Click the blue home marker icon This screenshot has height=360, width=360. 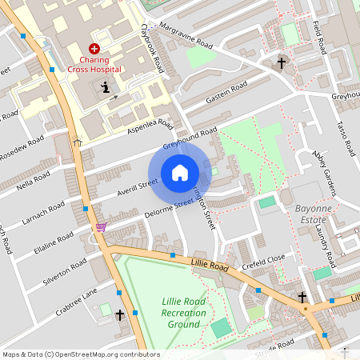click(x=180, y=173)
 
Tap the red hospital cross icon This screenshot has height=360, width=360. click(x=94, y=49)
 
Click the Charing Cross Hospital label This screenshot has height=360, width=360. click(x=101, y=63)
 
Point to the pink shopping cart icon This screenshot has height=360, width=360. click(x=101, y=227)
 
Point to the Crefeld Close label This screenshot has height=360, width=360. click(x=265, y=259)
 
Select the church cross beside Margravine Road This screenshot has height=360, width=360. click(x=282, y=62)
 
